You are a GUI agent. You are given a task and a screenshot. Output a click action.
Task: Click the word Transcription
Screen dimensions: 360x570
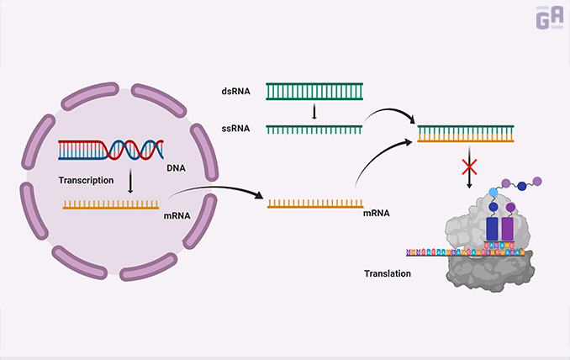coord(87,180)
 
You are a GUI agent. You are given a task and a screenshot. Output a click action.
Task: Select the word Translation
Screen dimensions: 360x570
coord(387,274)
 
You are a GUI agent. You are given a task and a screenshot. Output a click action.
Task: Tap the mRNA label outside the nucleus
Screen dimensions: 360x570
coord(375,215)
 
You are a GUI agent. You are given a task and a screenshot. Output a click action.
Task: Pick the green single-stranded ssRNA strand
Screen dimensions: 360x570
coord(314,128)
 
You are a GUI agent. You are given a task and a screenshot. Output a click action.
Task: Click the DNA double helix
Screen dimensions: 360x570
coord(109,150)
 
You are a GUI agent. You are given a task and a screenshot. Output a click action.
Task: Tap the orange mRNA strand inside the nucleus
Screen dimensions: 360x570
coord(110,203)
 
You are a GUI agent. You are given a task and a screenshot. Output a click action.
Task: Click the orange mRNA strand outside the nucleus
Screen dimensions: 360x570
coord(314,203)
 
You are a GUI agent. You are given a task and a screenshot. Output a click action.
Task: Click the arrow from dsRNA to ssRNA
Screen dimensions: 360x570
coord(314,110)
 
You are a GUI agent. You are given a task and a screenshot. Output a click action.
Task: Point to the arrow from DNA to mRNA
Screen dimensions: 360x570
coord(130,182)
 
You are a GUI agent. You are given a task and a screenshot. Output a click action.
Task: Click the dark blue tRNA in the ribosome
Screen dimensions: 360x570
coord(492,223)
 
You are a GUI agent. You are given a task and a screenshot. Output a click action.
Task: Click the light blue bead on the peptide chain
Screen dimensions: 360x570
coord(493,193)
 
